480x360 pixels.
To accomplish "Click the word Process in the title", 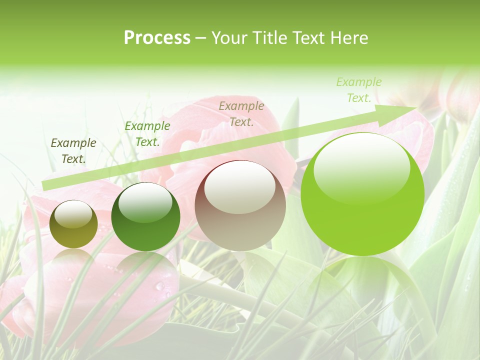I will pos(157,38).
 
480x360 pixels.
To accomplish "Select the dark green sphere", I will pos(145,217).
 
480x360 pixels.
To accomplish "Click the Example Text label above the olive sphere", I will pos(73,151).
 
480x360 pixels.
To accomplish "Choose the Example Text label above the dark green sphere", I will pos(147,134).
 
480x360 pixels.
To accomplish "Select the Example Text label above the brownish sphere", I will pos(241,113).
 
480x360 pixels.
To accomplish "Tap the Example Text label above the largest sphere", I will pos(359,90).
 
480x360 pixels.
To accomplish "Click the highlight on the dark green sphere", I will pos(145,202).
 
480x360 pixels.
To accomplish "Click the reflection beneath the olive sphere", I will pos(73,262).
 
